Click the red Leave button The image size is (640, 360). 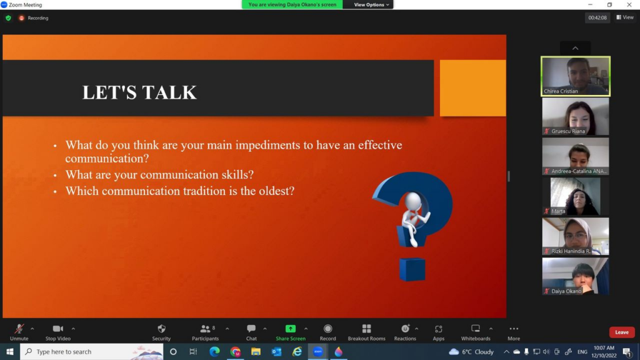pyautogui.click(x=622, y=332)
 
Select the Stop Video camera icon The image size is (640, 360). pyautogui.click(x=58, y=329)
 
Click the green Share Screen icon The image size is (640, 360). pyautogui.click(x=291, y=329)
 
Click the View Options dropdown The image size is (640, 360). pyautogui.click(x=371, y=4)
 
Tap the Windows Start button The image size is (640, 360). pyautogui.click(x=10, y=351)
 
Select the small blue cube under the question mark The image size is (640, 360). pyautogui.click(x=412, y=269)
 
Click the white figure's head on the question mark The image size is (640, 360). pyautogui.click(x=413, y=201)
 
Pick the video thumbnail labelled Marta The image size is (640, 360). pyautogui.click(x=576, y=196)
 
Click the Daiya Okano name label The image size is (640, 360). pyautogui.click(x=566, y=291)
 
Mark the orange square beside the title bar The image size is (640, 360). pyautogui.click(x=472, y=88)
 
